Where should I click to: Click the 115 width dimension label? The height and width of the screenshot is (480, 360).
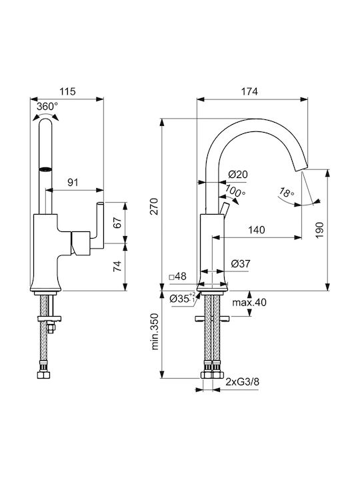67,91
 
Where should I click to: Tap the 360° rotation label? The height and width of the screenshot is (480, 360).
47,107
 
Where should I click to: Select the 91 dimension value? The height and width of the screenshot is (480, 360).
73,183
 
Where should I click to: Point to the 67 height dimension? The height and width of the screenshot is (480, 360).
117,222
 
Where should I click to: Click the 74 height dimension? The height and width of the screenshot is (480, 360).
117,266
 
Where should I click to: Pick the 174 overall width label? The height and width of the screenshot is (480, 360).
249,91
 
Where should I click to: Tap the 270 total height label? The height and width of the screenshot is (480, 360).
155,206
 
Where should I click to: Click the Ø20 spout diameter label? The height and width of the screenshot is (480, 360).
238,174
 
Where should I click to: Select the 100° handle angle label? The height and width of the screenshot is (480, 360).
235,191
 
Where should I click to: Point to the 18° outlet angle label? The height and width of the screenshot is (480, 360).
287,192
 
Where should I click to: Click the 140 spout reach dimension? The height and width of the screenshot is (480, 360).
257,229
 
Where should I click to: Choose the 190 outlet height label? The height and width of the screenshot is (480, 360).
319,230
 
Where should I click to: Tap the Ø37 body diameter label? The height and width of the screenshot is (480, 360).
240,263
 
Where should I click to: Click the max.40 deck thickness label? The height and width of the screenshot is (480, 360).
249,303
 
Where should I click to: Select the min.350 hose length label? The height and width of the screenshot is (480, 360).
155,331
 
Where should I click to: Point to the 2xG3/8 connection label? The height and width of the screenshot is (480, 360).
243,382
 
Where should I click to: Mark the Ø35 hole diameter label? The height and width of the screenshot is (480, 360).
182,298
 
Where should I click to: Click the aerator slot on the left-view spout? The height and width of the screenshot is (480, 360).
46,169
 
